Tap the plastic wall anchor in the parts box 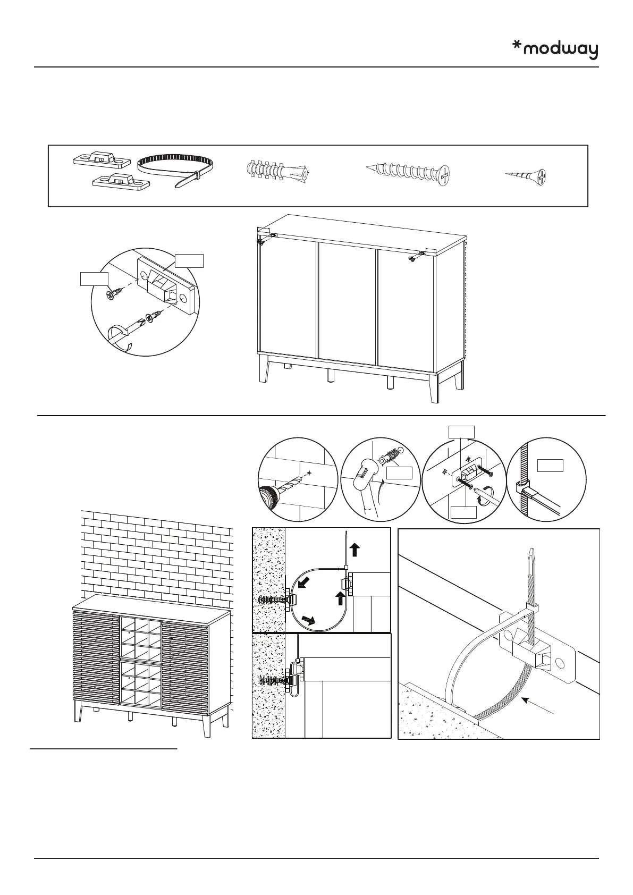[x=277, y=171]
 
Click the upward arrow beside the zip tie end [x=356, y=550]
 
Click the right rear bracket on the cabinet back [x=423, y=252]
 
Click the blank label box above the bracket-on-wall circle [x=461, y=431]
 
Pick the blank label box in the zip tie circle [x=550, y=466]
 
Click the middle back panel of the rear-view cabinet [x=347, y=300]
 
